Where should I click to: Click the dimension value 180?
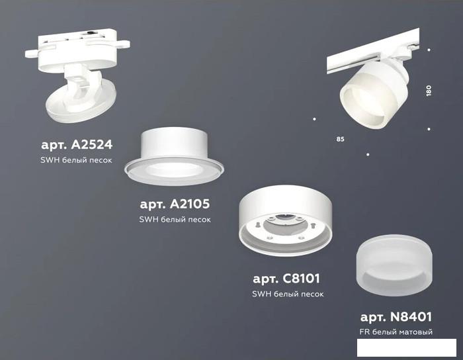(429, 91)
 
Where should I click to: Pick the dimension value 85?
(340, 139)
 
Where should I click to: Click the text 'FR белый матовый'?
(396, 332)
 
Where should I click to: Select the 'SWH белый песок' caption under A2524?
(76, 160)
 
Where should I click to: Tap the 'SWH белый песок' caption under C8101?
(288, 294)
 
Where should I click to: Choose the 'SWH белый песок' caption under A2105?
(175, 220)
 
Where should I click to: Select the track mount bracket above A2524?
(77, 50)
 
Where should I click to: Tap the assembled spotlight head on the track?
(374, 94)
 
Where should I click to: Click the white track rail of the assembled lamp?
(372, 51)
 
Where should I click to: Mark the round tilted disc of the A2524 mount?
(81, 102)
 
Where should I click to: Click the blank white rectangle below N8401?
(407, 347)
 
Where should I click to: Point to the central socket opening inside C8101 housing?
(281, 226)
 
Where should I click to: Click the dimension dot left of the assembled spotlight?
(314, 119)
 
